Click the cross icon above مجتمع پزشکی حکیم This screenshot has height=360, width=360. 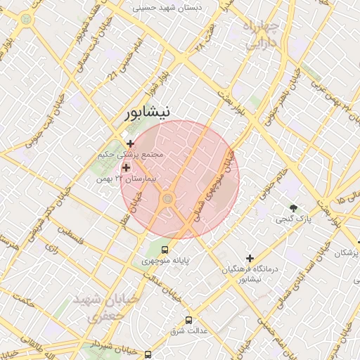(130, 143)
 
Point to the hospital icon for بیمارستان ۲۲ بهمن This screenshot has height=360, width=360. (127, 167)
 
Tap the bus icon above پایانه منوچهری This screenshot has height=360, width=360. (165, 249)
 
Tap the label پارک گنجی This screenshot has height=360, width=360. (297, 220)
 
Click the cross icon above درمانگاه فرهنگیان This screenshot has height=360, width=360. (250, 258)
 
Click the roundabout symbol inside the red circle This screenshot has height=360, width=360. (167, 200)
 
